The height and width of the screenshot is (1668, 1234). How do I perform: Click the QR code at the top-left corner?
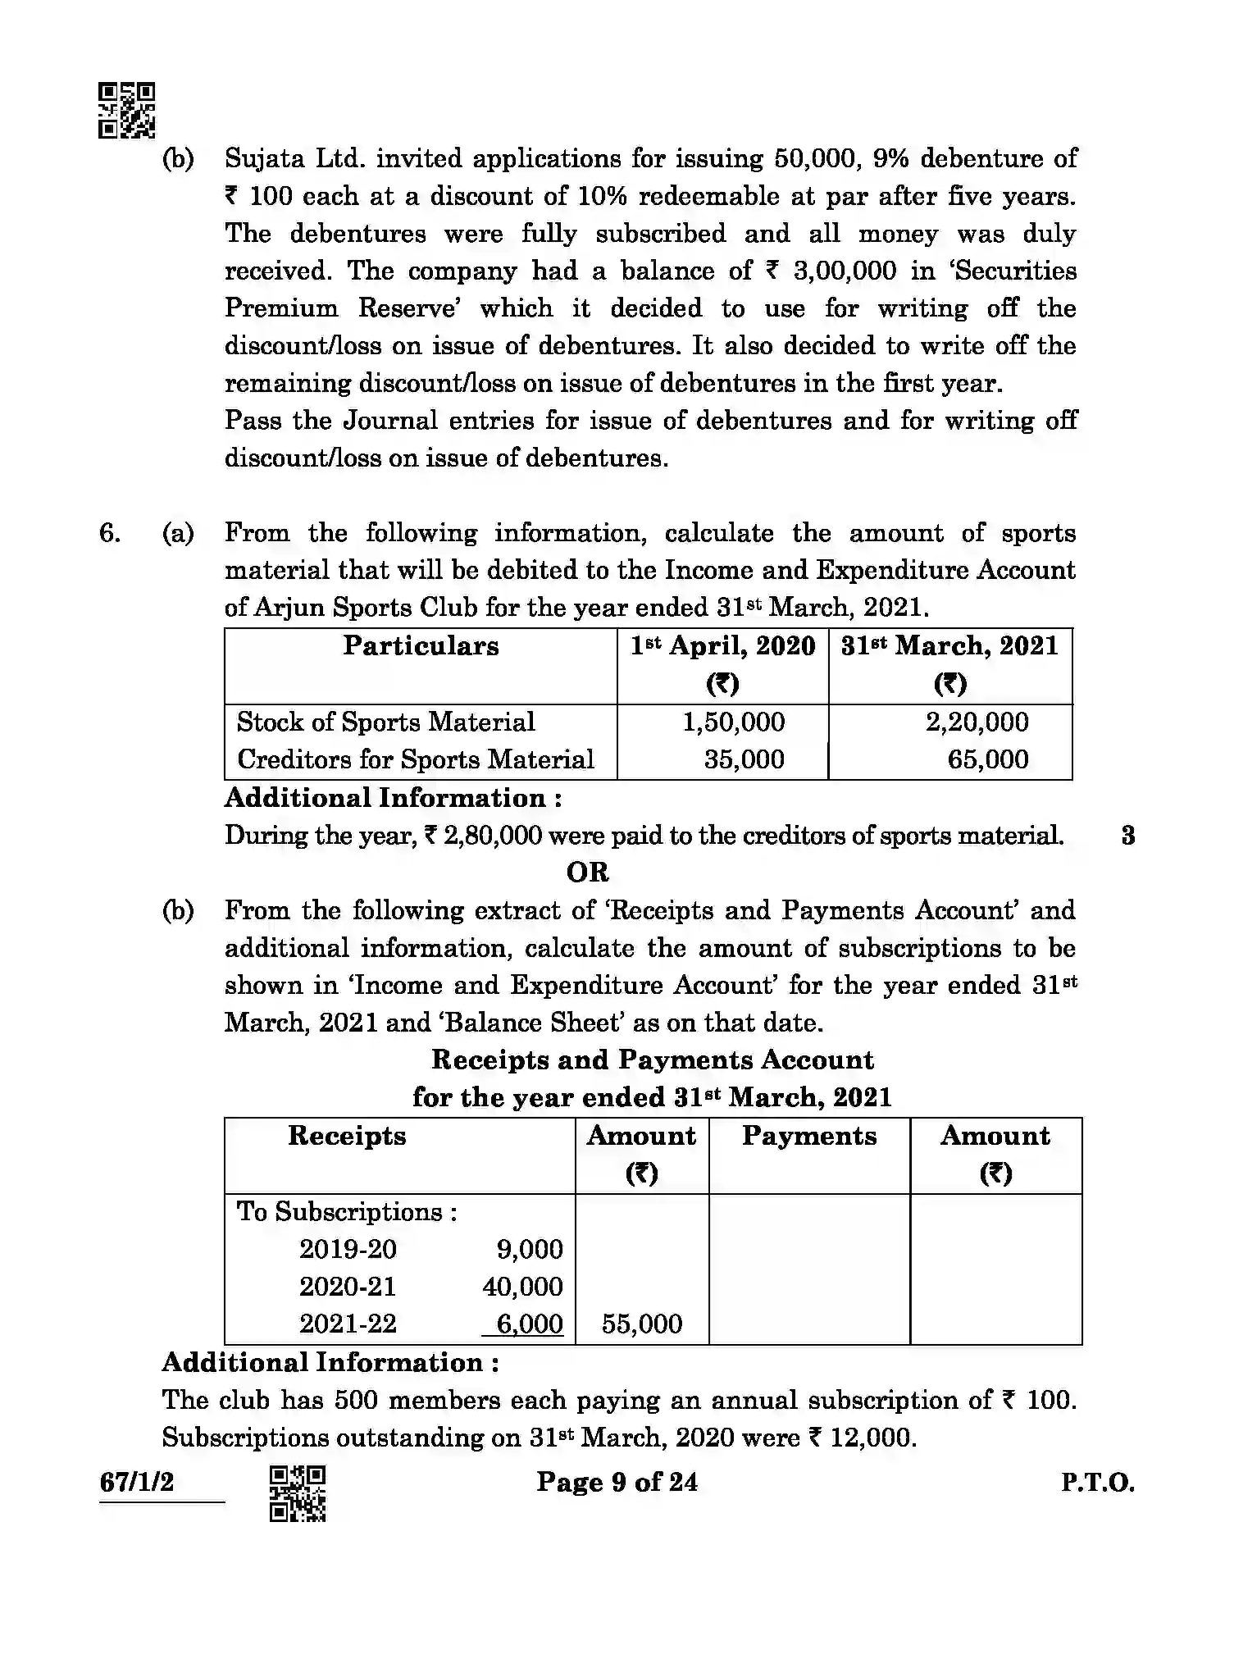126,110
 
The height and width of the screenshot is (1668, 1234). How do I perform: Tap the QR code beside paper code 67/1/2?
298,1493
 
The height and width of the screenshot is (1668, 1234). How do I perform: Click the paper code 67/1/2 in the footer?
136,1482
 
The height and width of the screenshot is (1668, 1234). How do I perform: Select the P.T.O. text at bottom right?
1097,1483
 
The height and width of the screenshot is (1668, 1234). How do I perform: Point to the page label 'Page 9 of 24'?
617,1482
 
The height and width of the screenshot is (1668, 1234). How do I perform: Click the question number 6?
110,534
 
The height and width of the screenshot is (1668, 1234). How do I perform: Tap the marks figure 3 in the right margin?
1127,836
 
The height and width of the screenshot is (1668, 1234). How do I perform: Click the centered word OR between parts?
587,873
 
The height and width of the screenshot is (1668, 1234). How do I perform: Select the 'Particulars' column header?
421,646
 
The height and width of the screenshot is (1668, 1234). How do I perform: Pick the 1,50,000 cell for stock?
733,722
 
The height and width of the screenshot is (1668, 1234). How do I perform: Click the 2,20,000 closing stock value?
977,722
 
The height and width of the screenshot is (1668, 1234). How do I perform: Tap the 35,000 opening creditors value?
744,759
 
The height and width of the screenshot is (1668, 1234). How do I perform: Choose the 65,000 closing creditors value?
987,759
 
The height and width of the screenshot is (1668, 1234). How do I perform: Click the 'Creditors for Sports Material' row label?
415,759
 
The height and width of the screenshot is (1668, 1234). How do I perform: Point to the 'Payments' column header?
808,1136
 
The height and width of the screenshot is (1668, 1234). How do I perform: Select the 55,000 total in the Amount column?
641,1324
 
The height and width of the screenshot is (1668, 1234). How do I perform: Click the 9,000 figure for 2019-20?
530,1249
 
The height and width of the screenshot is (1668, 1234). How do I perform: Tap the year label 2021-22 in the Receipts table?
347,1324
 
